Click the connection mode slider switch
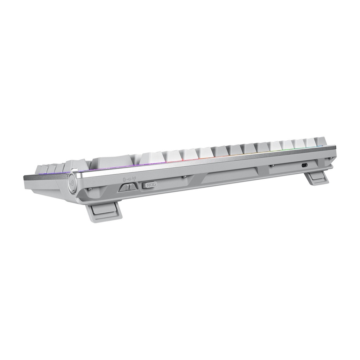[x=128, y=187]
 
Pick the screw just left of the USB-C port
[x=272, y=166]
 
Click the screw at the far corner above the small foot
[x=331, y=159]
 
